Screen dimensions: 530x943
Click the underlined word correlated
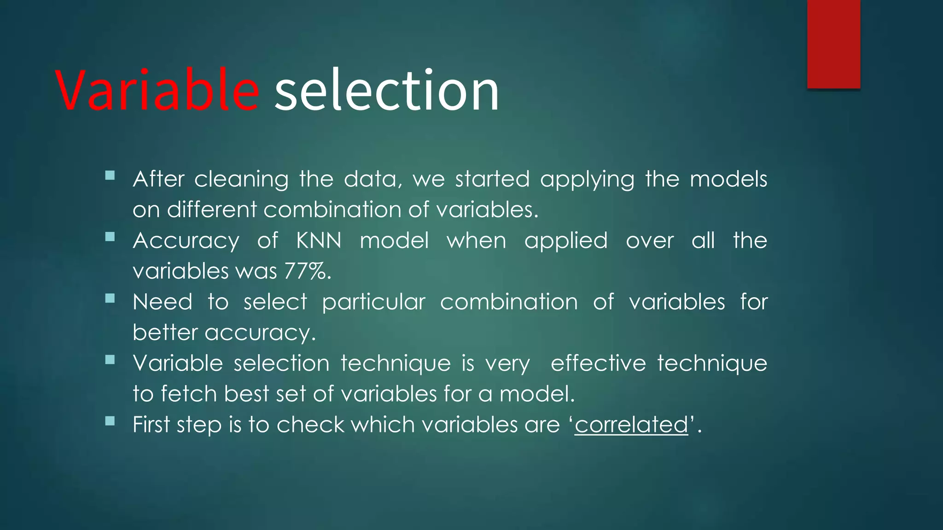(x=631, y=424)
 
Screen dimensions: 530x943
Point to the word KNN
(x=319, y=241)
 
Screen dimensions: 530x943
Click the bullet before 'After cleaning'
(x=110, y=175)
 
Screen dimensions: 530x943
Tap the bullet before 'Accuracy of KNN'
(x=110, y=237)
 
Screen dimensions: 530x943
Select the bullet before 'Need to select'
(x=110, y=298)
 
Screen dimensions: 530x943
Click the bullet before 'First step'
(x=110, y=421)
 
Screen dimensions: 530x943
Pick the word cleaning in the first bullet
(x=241, y=179)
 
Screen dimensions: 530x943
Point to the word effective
(x=599, y=363)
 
